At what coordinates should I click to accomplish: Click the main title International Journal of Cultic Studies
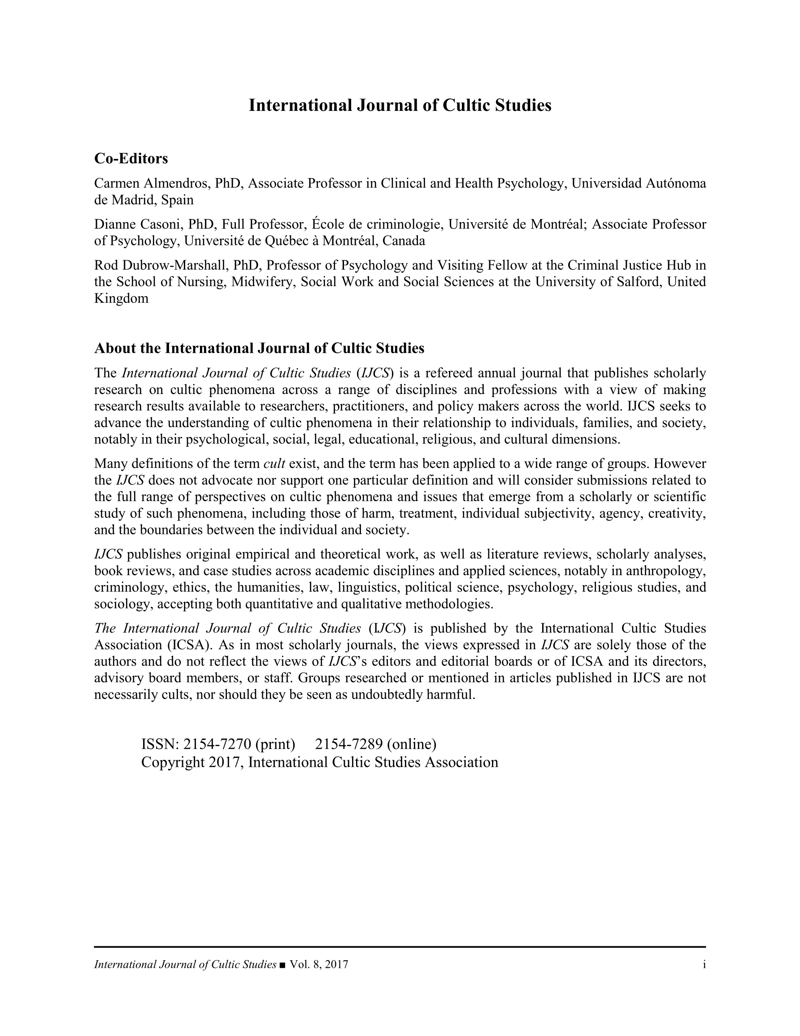pyautogui.click(x=400, y=105)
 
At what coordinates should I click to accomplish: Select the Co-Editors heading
pyautogui.click(x=131, y=158)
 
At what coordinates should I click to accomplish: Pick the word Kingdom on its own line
pyautogui.click(x=121, y=298)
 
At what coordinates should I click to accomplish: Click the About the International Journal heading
pyautogui.click(x=259, y=349)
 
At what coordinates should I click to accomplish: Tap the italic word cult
pyautogui.click(x=274, y=463)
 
